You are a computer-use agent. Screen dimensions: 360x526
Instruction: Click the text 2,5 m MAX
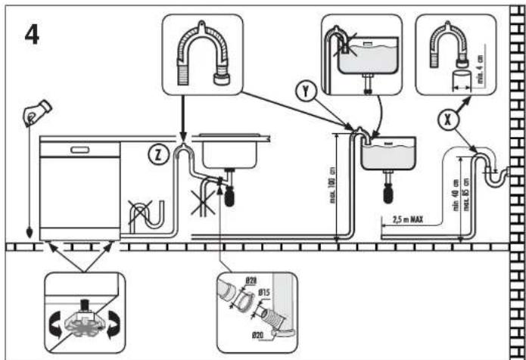click(x=408, y=221)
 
